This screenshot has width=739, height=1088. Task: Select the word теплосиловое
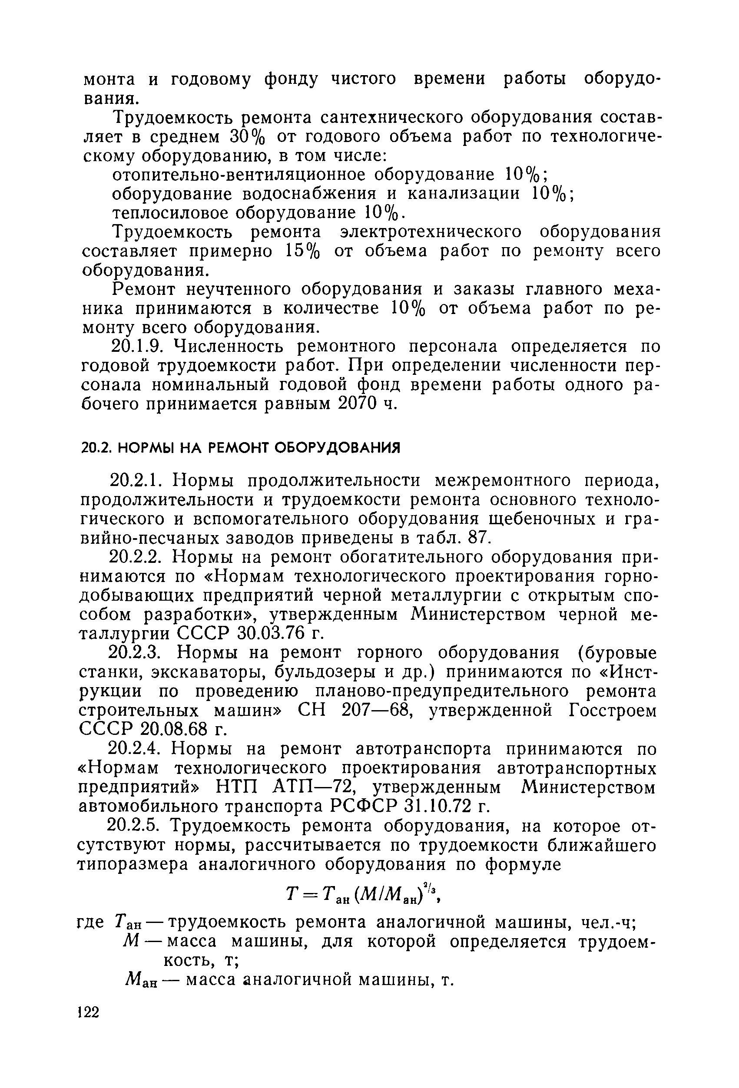click(x=170, y=214)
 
